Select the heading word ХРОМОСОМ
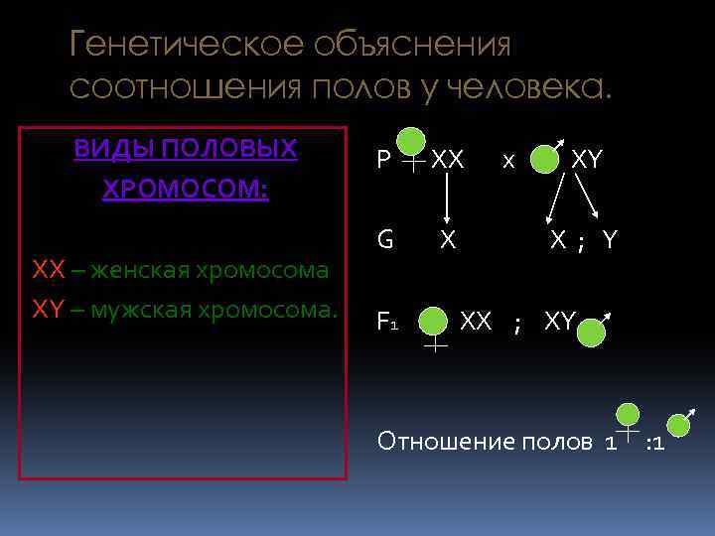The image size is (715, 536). click(x=185, y=189)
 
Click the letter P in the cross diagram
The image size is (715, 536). click(x=383, y=160)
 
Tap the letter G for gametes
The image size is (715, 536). click(x=384, y=239)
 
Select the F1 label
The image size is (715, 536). click(x=387, y=321)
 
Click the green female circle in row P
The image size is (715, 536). click(x=412, y=141)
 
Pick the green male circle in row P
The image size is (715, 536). click(x=543, y=160)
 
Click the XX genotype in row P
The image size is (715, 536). click(x=449, y=159)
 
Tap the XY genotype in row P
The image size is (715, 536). click(x=587, y=159)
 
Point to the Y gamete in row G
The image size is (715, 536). click(x=609, y=239)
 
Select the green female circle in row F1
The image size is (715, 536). click(x=433, y=321)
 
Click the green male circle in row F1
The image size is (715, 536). click(x=591, y=331)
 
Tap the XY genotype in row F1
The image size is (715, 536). click(x=560, y=321)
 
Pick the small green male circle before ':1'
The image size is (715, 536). click(x=678, y=425)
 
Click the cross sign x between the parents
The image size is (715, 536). click(x=507, y=161)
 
